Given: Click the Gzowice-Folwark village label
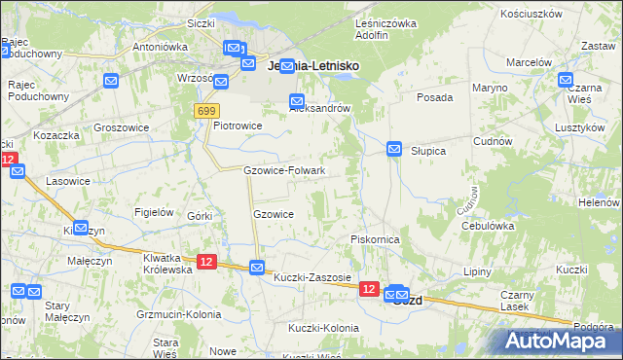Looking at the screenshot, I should (283, 170).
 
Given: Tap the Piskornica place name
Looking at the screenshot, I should (375, 238).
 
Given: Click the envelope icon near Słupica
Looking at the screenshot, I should (394, 149).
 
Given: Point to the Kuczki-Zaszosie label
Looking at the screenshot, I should (311, 277).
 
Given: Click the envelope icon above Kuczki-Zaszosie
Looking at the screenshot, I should (257, 267).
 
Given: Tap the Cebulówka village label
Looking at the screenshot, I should (488, 225).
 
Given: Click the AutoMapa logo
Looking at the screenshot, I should (558, 341).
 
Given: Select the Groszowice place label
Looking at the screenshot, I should (120, 127).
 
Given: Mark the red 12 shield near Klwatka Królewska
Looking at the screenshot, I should (206, 261).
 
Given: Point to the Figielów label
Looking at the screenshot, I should (155, 212).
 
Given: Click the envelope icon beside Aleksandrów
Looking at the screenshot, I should (297, 100).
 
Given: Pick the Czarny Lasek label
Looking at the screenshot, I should (519, 301).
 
